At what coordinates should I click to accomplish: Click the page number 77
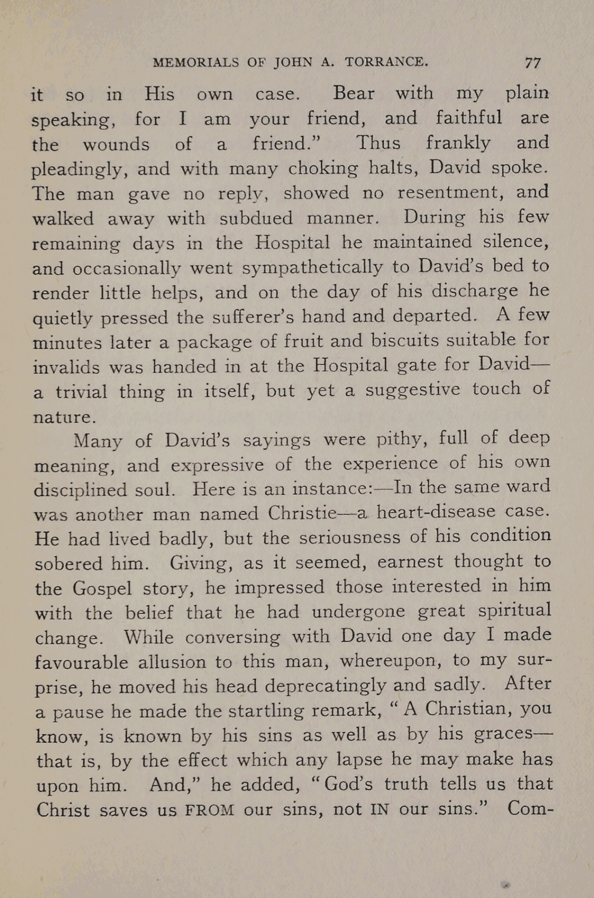click(533, 63)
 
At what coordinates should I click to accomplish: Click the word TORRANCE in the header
click(386, 62)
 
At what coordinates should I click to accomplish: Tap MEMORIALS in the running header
click(196, 62)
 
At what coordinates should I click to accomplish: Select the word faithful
click(469, 117)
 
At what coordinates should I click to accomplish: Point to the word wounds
click(116, 144)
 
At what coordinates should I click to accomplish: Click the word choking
click(323, 169)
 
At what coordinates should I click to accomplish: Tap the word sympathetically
click(312, 268)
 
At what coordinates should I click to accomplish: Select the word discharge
click(475, 291)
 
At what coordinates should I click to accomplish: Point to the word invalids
click(66, 367)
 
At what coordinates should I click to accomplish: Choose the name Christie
click(302, 513)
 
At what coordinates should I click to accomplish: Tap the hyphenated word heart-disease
click(436, 512)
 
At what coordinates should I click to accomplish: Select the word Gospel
click(102, 588)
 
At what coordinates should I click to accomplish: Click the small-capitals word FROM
click(210, 810)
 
